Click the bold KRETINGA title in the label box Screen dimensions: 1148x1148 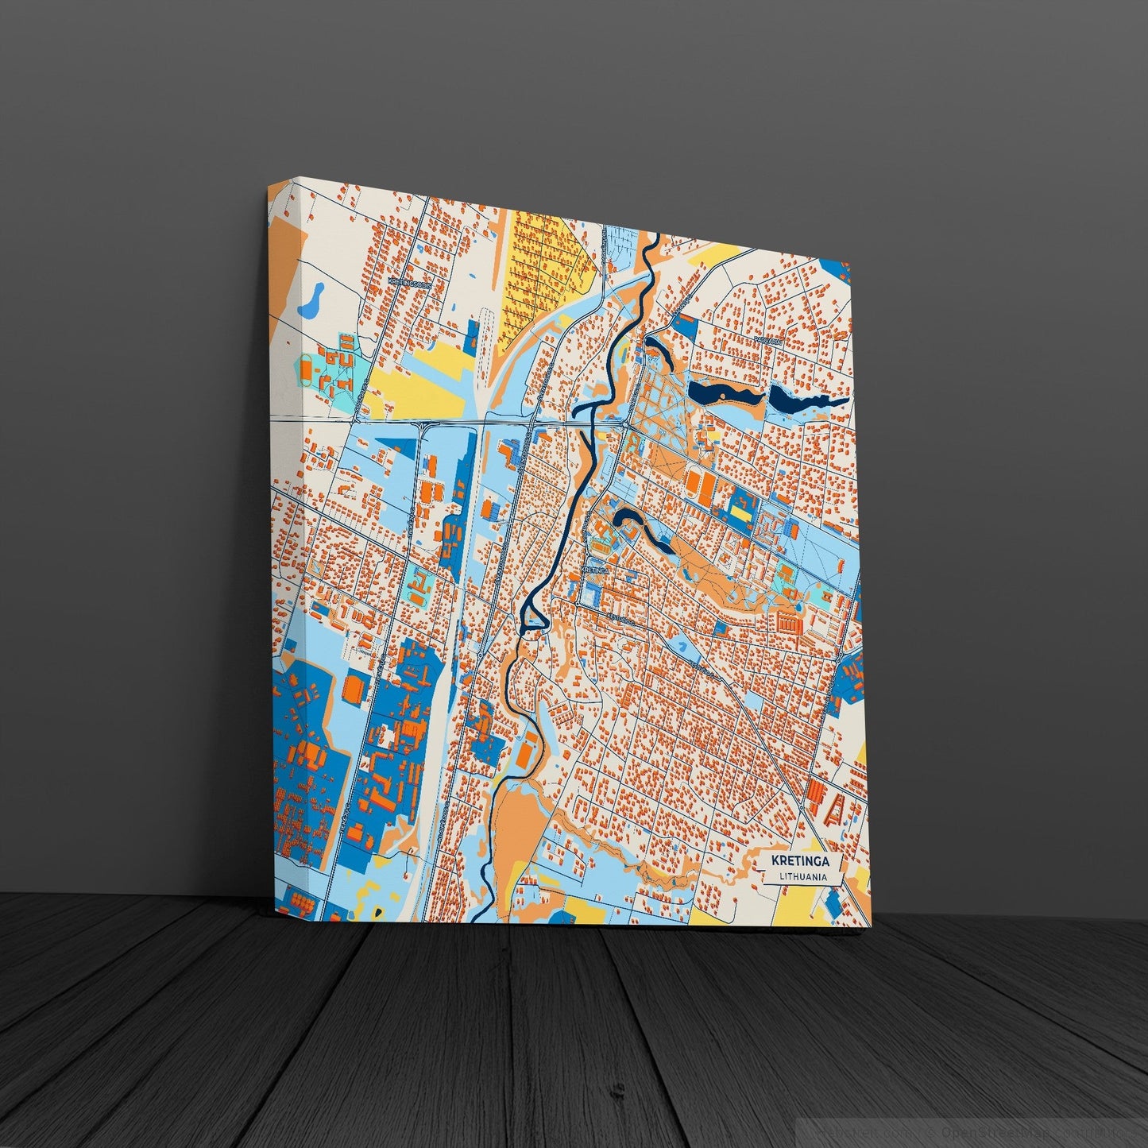798,860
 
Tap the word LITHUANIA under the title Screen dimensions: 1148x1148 798,876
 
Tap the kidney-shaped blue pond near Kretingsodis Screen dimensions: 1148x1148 310,300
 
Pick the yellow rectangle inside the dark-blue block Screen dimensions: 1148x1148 740,514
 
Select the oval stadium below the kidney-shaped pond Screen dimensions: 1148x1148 306,368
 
